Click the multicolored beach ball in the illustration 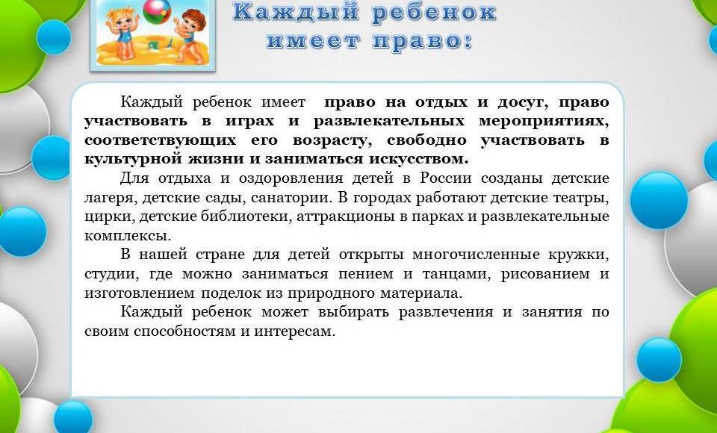(x=157, y=11)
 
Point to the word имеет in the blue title (x=313, y=41)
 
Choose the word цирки (x=109, y=216)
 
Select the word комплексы (x=128, y=236)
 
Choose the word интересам (x=294, y=331)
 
